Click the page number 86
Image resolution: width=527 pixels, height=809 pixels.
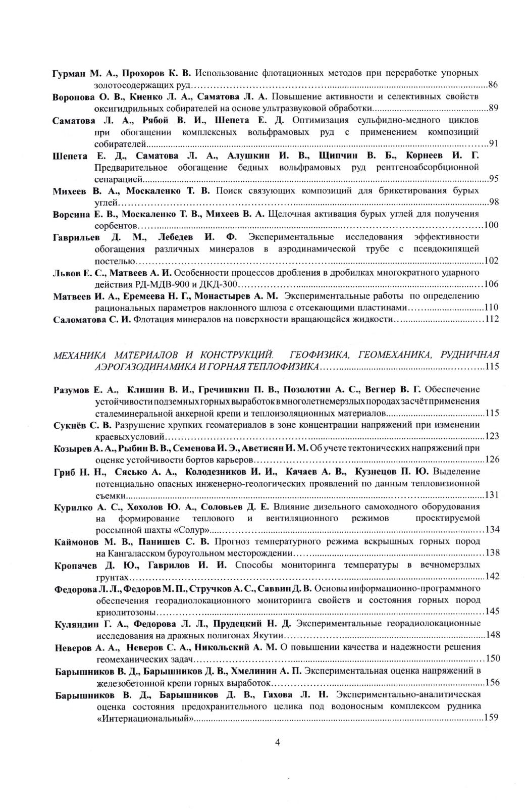pyautogui.click(x=493, y=84)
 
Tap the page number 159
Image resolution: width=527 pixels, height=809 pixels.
pyautogui.click(x=491, y=717)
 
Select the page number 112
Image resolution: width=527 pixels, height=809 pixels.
pyautogui.click(x=491, y=319)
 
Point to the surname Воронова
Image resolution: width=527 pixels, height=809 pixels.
pyautogui.click(x=73, y=96)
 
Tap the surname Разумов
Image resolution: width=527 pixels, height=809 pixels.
pyautogui.click(x=72, y=389)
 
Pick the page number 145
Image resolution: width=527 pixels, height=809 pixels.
pyautogui.click(x=491, y=612)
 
